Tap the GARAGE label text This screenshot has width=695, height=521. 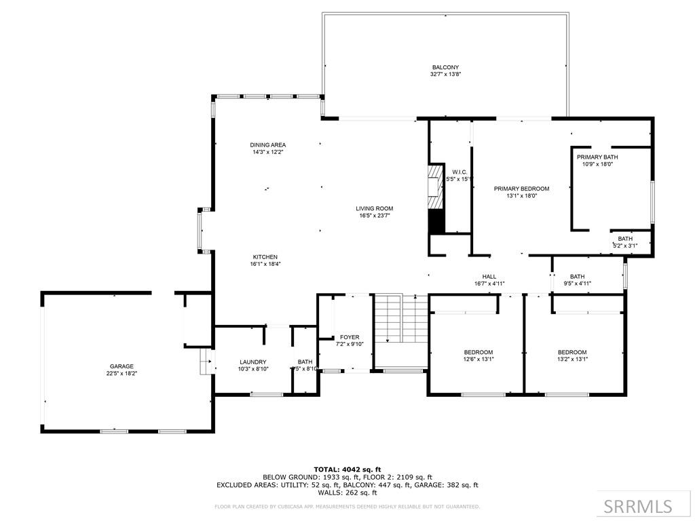(122, 366)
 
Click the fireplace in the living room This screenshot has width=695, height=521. (434, 200)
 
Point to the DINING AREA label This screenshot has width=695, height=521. (267, 144)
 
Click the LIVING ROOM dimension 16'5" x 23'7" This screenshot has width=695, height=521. (375, 216)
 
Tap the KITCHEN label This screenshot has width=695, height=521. (265, 257)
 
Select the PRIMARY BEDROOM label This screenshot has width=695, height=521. (521, 189)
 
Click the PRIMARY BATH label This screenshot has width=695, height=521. (597, 157)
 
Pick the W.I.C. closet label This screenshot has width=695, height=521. (459, 172)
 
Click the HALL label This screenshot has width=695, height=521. (489, 277)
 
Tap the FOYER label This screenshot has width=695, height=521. (350, 337)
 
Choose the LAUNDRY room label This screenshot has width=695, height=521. (252, 362)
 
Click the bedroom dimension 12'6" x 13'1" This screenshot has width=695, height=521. (478, 360)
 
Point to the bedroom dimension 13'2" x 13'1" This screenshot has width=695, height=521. (572, 360)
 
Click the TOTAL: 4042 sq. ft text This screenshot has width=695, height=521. (347, 469)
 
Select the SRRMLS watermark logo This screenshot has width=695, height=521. (638, 506)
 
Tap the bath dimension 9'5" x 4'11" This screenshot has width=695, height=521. (577, 284)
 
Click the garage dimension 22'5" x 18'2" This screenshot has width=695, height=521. (122, 374)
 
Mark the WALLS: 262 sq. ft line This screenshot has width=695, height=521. (347, 493)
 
